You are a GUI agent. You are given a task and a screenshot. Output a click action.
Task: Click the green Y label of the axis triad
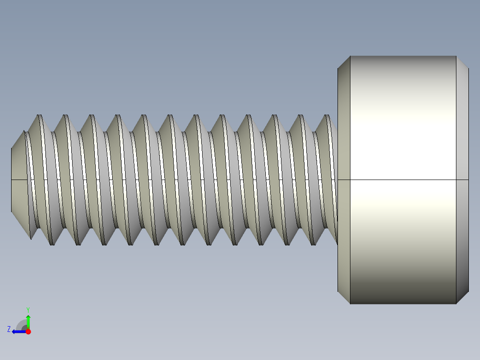click(28, 309)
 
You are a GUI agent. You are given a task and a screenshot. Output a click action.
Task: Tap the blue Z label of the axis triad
click(9, 329)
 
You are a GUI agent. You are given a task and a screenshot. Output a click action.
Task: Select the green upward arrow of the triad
click(28, 321)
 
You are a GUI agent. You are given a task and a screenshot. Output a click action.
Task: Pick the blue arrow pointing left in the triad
click(18, 331)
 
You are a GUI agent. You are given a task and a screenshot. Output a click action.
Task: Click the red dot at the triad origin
click(28, 331)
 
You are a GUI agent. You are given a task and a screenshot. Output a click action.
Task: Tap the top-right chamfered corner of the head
click(462, 62)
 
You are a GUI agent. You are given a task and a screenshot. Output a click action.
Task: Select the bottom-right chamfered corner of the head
click(462, 298)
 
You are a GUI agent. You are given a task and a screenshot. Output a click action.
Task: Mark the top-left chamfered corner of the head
click(344, 62)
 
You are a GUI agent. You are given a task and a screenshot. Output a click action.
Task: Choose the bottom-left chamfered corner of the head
click(344, 298)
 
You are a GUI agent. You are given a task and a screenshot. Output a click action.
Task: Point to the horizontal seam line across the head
click(403, 180)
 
